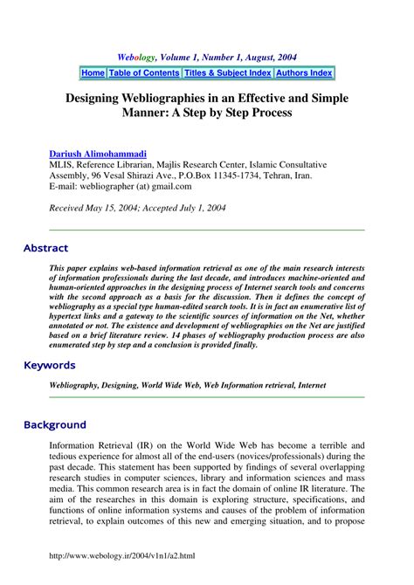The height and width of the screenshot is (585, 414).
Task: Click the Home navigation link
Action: [x=93, y=73]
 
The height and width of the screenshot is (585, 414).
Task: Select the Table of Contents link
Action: [x=144, y=73]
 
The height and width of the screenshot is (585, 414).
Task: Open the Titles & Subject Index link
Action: [x=227, y=73]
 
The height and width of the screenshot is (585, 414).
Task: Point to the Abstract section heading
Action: [x=45, y=248]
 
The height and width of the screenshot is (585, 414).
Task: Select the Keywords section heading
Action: [x=50, y=365]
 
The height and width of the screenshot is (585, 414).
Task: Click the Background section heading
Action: [x=55, y=425]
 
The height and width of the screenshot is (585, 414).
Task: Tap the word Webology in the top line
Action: [x=139, y=56]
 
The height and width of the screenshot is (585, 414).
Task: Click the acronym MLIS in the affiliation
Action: [x=63, y=163]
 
